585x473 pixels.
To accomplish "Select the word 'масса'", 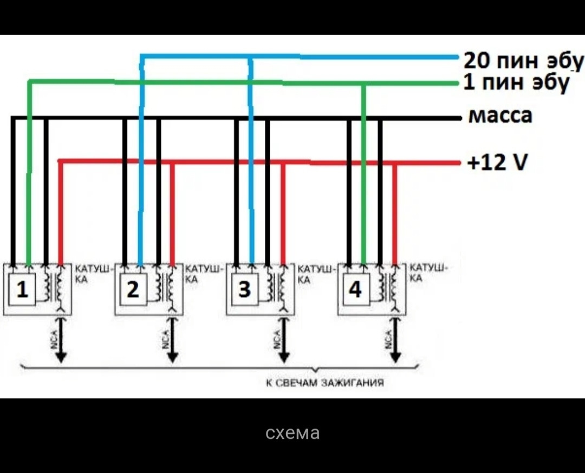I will pyautogui.click(x=499, y=115).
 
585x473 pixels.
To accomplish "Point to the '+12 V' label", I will pyautogui.click(x=497, y=162).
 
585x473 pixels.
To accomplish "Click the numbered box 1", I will pyautogui.click(x=22, y=290).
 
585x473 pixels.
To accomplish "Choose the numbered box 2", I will pyautogui.click(x=133, y=290).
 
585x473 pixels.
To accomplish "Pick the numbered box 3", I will pyautogui.click(x=244, y=290).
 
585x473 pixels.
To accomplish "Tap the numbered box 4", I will pyautogui.click(x=355, y=290).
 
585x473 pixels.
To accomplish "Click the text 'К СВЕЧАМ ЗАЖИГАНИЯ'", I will pyautogui.click(x=325, y=383).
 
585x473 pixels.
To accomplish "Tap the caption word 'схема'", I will pyautogui.click(x=292, y=433).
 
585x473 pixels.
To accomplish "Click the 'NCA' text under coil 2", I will pyautogui.click(x=165, y=339).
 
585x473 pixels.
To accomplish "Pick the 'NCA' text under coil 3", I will pyautogui.click(x=276, y=339).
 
